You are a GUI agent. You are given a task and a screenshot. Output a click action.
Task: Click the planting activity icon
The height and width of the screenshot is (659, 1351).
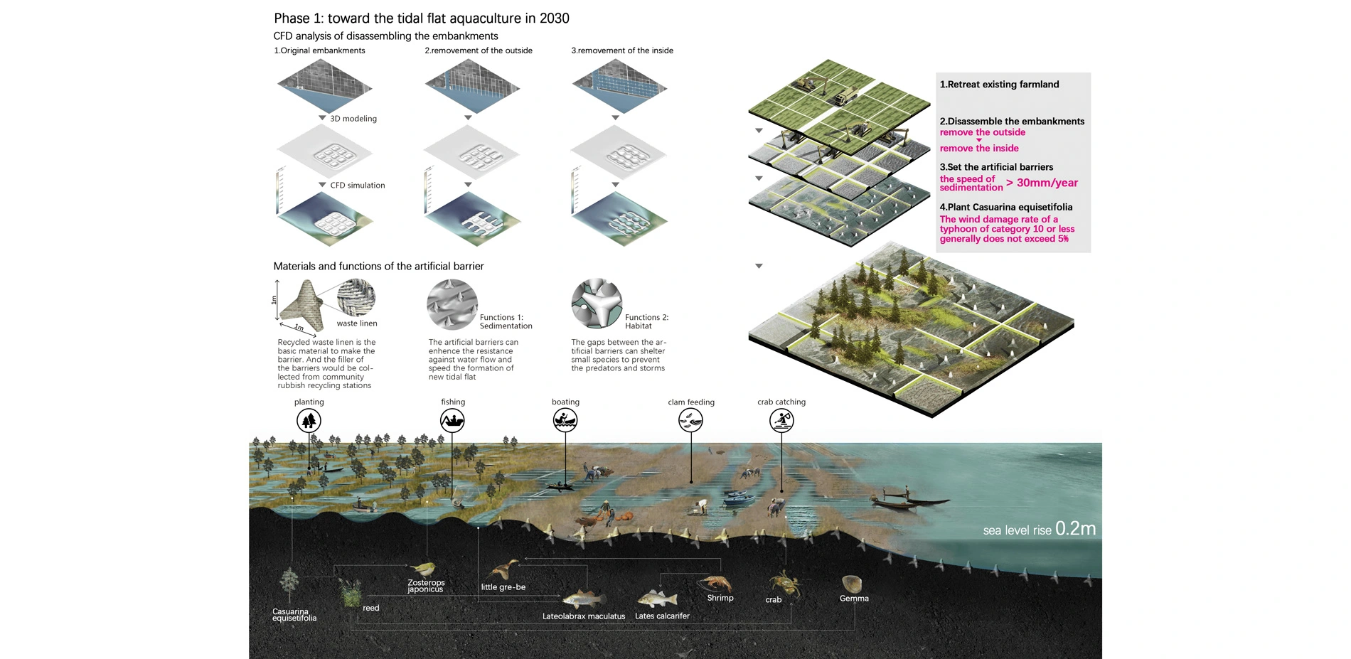point(309,421)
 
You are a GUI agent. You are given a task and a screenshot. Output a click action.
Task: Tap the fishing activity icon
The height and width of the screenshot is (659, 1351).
point(452,421)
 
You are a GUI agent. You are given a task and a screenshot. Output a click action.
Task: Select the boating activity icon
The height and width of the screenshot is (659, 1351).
point(565,421)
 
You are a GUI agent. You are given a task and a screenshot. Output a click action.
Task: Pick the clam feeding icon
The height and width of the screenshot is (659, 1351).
point(690,421)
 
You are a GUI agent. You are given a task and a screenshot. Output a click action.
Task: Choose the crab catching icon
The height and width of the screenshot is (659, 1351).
point(781,421)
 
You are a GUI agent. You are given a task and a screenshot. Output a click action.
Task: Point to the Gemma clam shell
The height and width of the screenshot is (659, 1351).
point(852,584)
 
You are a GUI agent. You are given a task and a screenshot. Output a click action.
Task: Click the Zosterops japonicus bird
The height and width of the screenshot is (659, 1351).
point(424,569)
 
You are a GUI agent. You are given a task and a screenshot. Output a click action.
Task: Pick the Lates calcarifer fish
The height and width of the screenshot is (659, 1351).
point(656,599)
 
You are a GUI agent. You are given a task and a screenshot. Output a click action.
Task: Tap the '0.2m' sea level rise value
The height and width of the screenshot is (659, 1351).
point(1075,529)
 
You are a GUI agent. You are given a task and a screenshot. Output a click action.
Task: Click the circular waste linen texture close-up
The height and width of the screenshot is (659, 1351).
point(356,296)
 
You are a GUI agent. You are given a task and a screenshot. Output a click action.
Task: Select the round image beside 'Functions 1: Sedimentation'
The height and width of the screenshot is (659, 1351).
point(452,304)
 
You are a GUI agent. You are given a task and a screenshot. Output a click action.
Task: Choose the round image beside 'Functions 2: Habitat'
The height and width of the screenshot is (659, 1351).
point(597,304)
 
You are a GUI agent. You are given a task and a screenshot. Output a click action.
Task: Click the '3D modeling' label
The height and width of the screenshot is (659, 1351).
point(353,119)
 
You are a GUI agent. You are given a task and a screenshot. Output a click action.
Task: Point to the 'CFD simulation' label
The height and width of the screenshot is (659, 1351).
point(357,186)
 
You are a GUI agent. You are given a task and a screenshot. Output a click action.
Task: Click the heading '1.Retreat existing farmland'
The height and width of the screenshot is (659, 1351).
point(999,85)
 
